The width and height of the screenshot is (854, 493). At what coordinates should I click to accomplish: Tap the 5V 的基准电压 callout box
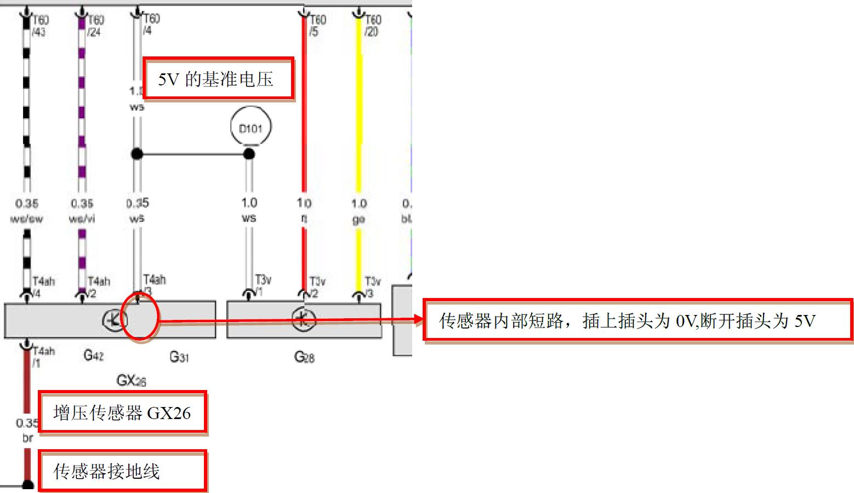(218, 79)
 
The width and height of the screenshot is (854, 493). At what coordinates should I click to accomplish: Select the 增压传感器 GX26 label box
(122, 412)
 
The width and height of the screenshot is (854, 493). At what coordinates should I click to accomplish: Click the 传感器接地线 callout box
(122, 471)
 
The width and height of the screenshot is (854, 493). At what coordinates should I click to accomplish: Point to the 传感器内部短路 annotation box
(638, 320)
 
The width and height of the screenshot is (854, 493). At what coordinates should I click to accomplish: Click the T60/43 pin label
(40, 26)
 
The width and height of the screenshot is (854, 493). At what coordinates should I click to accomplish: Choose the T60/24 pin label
(95, 26)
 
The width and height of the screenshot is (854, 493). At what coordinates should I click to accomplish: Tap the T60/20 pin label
(372, 26)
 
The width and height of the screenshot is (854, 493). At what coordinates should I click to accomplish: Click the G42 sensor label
(94, 356)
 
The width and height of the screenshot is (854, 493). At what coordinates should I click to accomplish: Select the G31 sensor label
(179, 357)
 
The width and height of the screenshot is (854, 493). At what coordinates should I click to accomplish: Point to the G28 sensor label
(304, 357)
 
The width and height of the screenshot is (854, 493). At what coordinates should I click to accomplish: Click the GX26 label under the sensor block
(131, 380)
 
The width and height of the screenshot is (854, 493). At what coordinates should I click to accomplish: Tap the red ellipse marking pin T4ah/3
(140, 317)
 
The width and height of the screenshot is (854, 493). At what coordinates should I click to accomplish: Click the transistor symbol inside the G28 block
(303, 320)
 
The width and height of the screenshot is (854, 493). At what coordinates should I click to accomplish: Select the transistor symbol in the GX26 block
(114, 320)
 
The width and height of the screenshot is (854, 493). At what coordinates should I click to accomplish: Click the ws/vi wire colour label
(82, 219)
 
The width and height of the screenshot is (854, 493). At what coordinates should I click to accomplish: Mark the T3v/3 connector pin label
(372, 286)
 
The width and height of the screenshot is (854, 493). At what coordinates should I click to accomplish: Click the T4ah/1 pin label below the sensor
(43, 356)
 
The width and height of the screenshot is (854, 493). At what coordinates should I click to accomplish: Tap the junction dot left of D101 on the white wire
(137, 154)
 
